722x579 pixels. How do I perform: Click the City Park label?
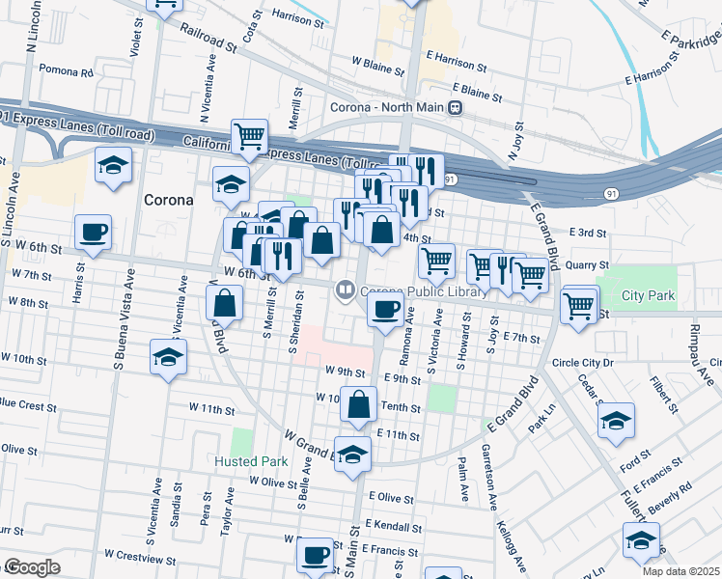coord(648,295)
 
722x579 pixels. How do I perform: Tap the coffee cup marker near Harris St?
coord(94,233)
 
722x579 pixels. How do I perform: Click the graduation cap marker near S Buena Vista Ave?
coord(168,358)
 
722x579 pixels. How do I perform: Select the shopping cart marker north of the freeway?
coord(249,136)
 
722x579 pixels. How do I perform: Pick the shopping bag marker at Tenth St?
coord(358,406)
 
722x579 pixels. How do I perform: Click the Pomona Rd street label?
coord(66,71)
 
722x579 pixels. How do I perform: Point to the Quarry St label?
coord(588,264)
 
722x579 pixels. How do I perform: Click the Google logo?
coord(32,567)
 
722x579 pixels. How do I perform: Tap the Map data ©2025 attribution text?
coord(680,571)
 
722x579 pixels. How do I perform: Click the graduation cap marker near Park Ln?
coord(615,421)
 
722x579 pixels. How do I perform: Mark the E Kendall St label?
coord(392,527)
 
